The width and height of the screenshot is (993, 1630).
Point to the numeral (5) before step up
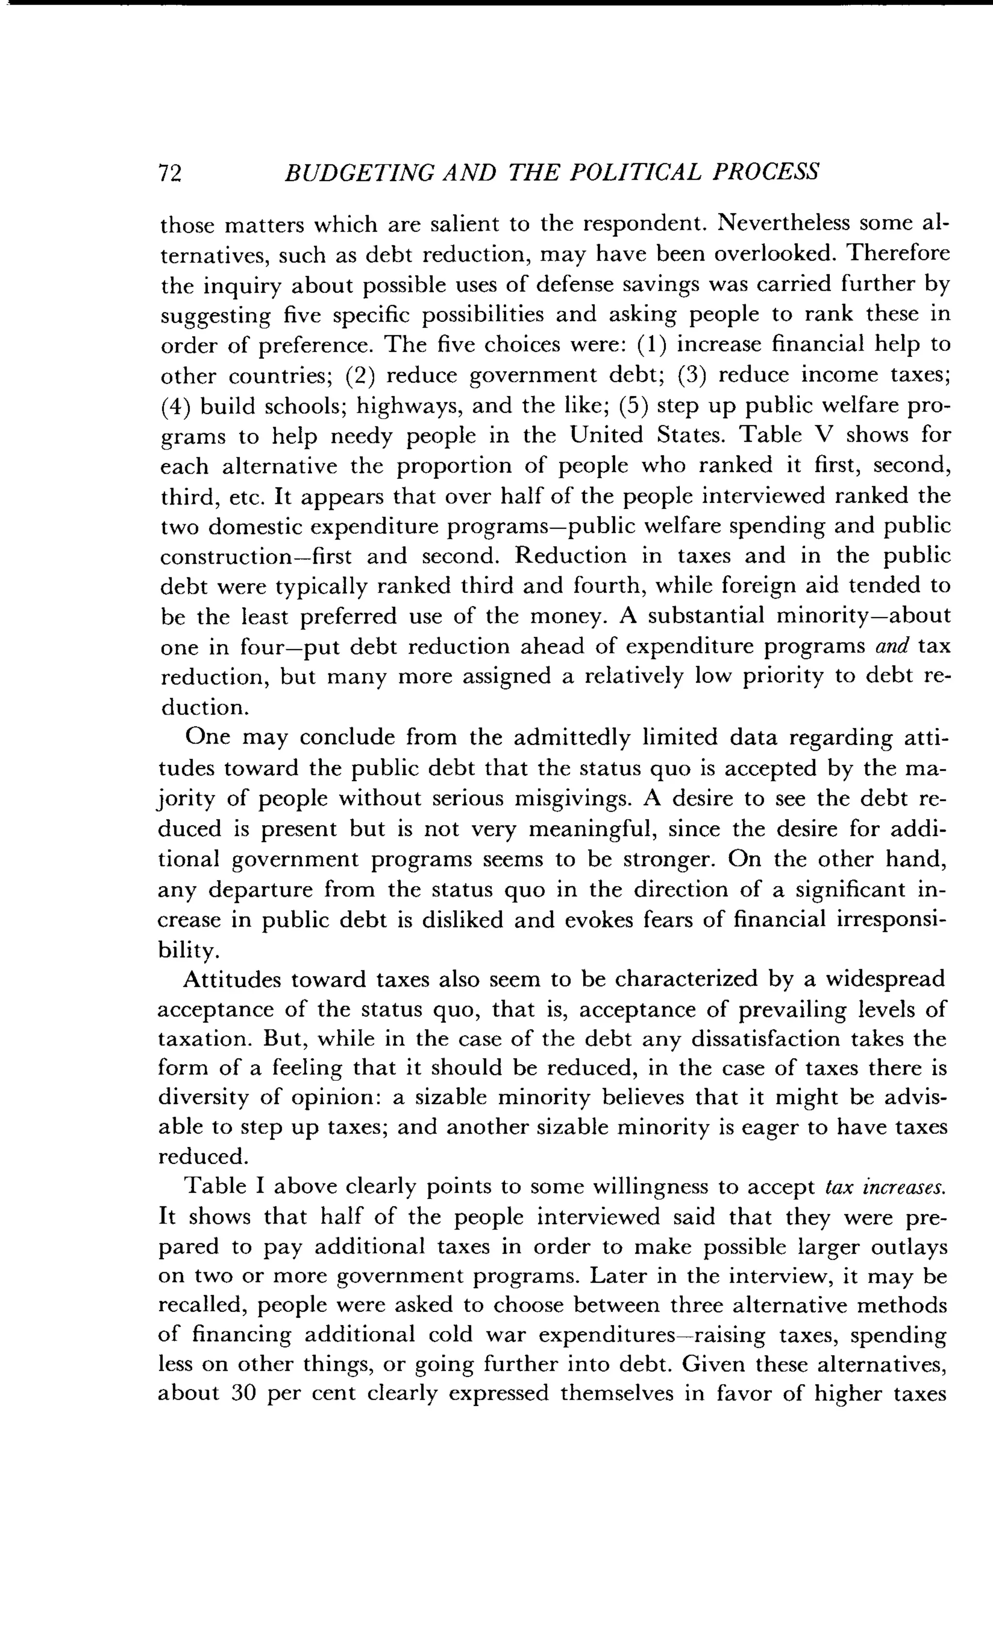(x=635, y=406)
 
